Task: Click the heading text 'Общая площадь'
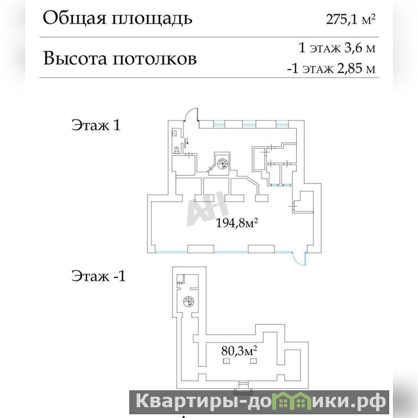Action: pos(117,19)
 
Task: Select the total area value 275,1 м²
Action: pos(351,19)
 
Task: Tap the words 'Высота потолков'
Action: pos(120,58)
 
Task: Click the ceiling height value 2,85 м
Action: pos(356,69)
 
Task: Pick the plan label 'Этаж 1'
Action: pos(96,125)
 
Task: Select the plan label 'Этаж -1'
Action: pos(98,275)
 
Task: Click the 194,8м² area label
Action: pos(236,222)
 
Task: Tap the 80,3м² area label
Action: pos(239,351)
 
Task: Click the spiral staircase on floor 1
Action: pos(222,163)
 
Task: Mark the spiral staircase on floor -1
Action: pos(189,302)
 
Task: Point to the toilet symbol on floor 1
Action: pos(176,150)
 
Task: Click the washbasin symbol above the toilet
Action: pos(174,132)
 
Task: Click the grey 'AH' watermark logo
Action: pos(208,209)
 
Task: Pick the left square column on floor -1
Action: pos(227,361)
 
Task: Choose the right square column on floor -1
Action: pos(253,361)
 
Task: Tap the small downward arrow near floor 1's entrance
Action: pos(187,141)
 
